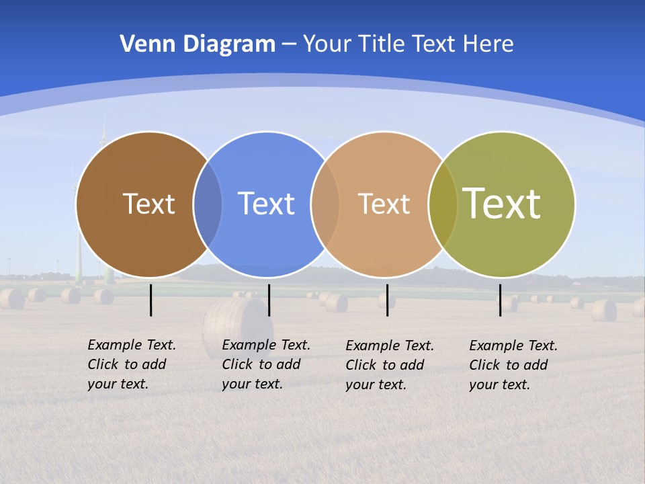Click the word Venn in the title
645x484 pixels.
tap(143, 44)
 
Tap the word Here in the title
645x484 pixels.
tap(488, 44)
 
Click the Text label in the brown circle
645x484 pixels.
tap(148, 204)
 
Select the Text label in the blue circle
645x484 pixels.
tap(266, 204)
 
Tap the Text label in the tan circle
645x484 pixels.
tap(384, 204)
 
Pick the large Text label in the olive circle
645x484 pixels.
tap(502, 203)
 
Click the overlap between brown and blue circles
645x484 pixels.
tap(208, 204)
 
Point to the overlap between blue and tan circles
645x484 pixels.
tap(325, 204)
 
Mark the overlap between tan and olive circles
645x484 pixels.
tap(443, 204)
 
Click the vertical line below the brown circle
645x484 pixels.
tap(151, 300)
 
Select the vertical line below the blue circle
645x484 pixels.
tap(269, 300)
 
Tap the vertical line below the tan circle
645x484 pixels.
tap(387, 300)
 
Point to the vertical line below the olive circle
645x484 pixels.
tap(500, 300)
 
